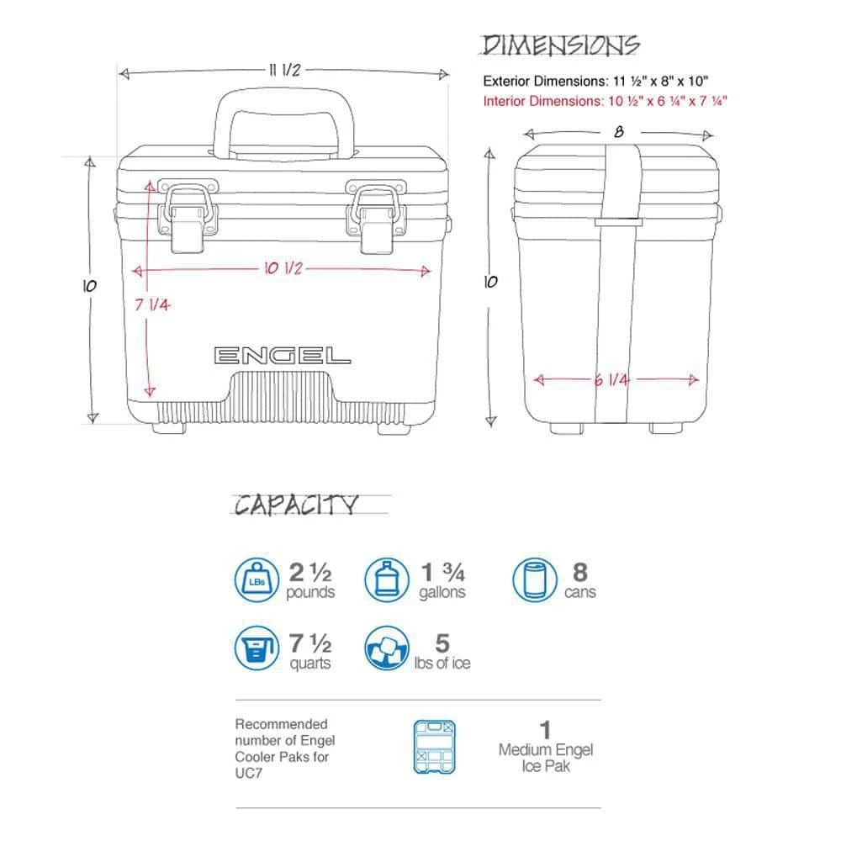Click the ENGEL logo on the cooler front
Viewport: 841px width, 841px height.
(x=282, y=355)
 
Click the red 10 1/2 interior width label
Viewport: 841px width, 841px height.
(x=283, y=269)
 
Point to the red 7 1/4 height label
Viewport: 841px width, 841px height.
(x=152, y=304)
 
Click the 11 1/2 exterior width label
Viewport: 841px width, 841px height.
(x=285, y=71)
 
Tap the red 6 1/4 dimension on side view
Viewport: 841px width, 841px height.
(x=612, y=380)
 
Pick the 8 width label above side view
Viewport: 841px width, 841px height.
(x=618, y=132)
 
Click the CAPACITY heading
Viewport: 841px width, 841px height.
(x=296, y=505)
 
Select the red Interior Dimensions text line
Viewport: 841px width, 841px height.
(x=605, y=101)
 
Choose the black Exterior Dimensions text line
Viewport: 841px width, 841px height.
(x=595, y=82)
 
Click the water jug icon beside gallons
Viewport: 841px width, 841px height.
(x=386, y=579)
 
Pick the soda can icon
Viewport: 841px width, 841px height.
(x=535, y=579)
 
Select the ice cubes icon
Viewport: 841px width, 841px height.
(x=386, y=649)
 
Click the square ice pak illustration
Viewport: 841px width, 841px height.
(x=435, y=746)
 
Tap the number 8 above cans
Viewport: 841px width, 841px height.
(x=580, y=572)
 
